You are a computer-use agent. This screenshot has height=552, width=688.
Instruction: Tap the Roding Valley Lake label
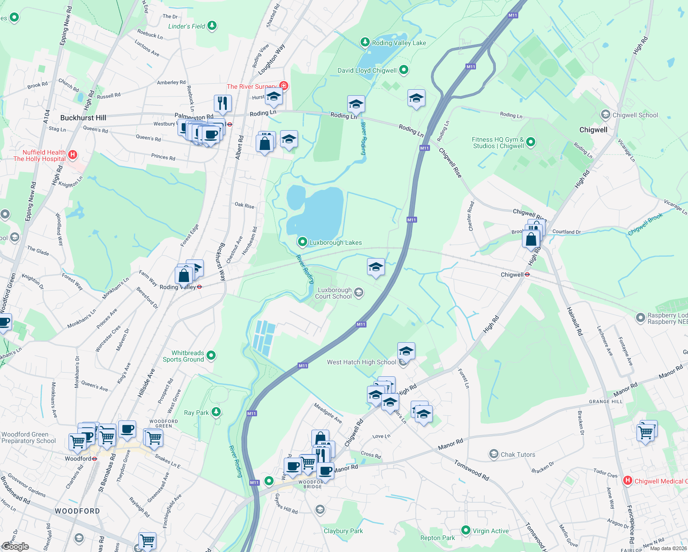pos(399,43)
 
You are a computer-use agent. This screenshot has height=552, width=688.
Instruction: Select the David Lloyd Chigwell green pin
pos(404,70)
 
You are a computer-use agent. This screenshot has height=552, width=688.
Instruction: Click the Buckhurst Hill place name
pos(83,118)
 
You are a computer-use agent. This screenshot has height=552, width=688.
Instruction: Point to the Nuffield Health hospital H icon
pos(72,155)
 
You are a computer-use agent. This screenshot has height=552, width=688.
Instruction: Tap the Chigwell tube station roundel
pos(527,275)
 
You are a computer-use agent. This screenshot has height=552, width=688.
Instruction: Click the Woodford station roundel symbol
pos(94,459)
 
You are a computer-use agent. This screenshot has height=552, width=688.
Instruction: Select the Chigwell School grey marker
pos(605,115)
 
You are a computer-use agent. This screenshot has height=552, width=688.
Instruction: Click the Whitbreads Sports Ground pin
pos(211,355)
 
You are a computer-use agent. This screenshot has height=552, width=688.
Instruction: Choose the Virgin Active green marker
pos(465,530)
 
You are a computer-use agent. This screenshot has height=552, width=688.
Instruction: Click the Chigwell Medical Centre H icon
pos(627,481)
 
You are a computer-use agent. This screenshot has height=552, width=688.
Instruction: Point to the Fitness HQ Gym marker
pos(531,142)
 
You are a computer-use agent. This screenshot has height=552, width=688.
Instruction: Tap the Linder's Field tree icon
pos(212,25)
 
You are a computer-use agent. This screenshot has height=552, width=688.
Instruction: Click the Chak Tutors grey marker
pos(493,454)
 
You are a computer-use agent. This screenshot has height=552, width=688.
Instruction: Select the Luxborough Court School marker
pos(359,292)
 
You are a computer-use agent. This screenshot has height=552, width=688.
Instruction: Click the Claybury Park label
pos(343,531)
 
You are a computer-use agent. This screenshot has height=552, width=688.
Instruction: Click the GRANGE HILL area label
pos(606,402)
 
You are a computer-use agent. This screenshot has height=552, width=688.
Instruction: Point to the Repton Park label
pos(437,538)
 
